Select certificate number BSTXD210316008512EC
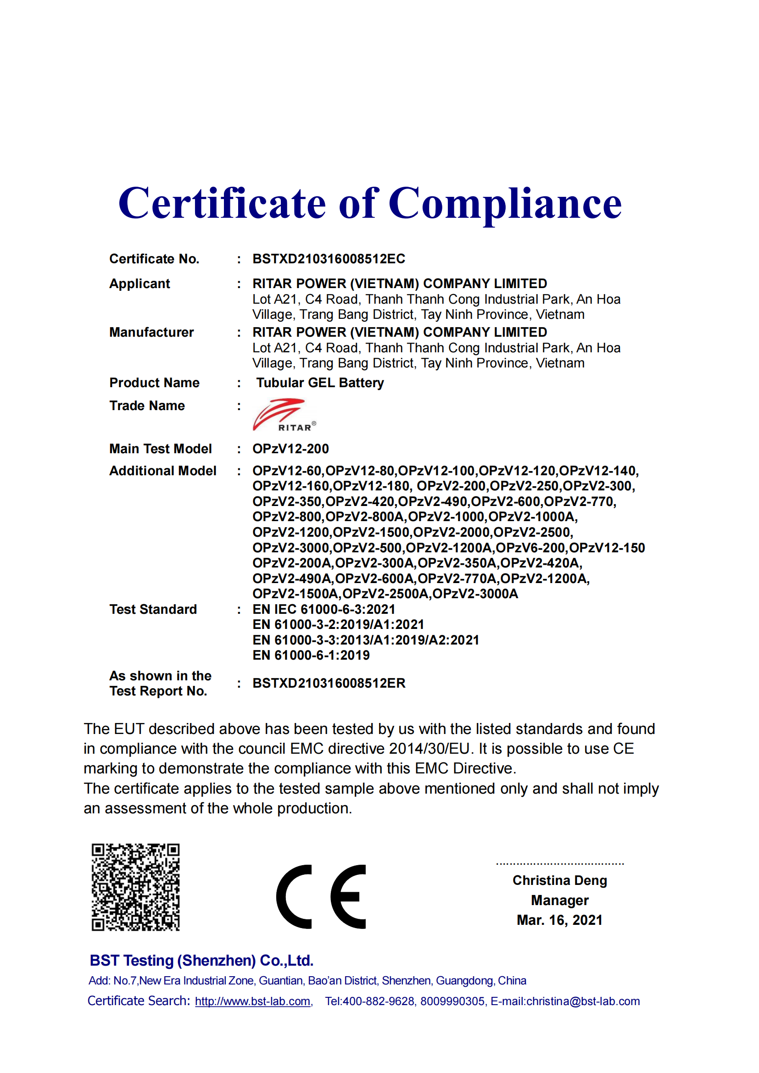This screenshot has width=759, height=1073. coord(329,259)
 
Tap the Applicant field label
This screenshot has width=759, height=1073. coord(140,284)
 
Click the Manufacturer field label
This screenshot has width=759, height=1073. coord(151,332)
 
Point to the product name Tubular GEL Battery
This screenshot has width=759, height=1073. coord(320,383)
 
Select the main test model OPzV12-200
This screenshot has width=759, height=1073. coord(290,449)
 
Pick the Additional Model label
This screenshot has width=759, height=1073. coord(162,471)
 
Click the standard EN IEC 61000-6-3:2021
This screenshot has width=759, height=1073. coord(324,609)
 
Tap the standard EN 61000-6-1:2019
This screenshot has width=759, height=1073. coord(311,655)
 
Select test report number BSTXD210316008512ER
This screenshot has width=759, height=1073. coord(329,683)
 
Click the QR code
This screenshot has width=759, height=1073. coord(135,887)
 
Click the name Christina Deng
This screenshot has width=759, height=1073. coord(559,880)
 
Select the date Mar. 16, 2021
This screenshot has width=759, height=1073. coord(559,920)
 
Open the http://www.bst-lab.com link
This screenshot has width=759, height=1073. coord(253,1001)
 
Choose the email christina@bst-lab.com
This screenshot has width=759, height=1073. coord(583,1001)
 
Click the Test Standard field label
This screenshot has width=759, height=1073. coord(153,609)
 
